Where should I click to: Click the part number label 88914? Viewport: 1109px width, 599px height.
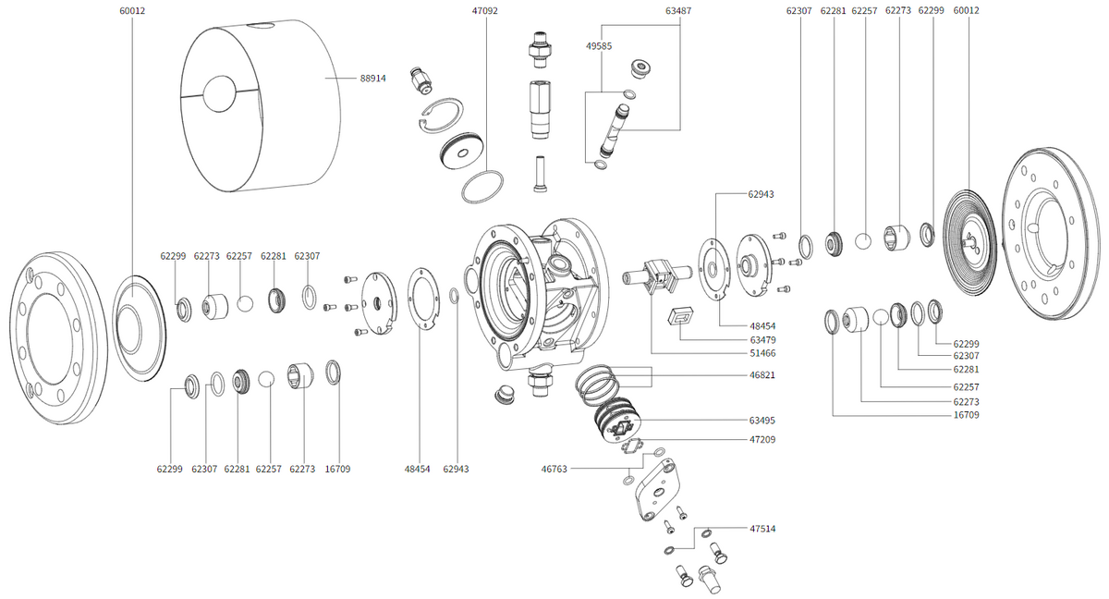tap(372, 79)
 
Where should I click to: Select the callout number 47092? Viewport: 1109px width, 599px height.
tap(484, 11)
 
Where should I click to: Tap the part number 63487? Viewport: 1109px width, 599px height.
tap(677, 11)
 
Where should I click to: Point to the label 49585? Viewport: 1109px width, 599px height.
tap(598, 45)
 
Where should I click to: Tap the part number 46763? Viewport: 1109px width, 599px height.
tap(554, 469)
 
